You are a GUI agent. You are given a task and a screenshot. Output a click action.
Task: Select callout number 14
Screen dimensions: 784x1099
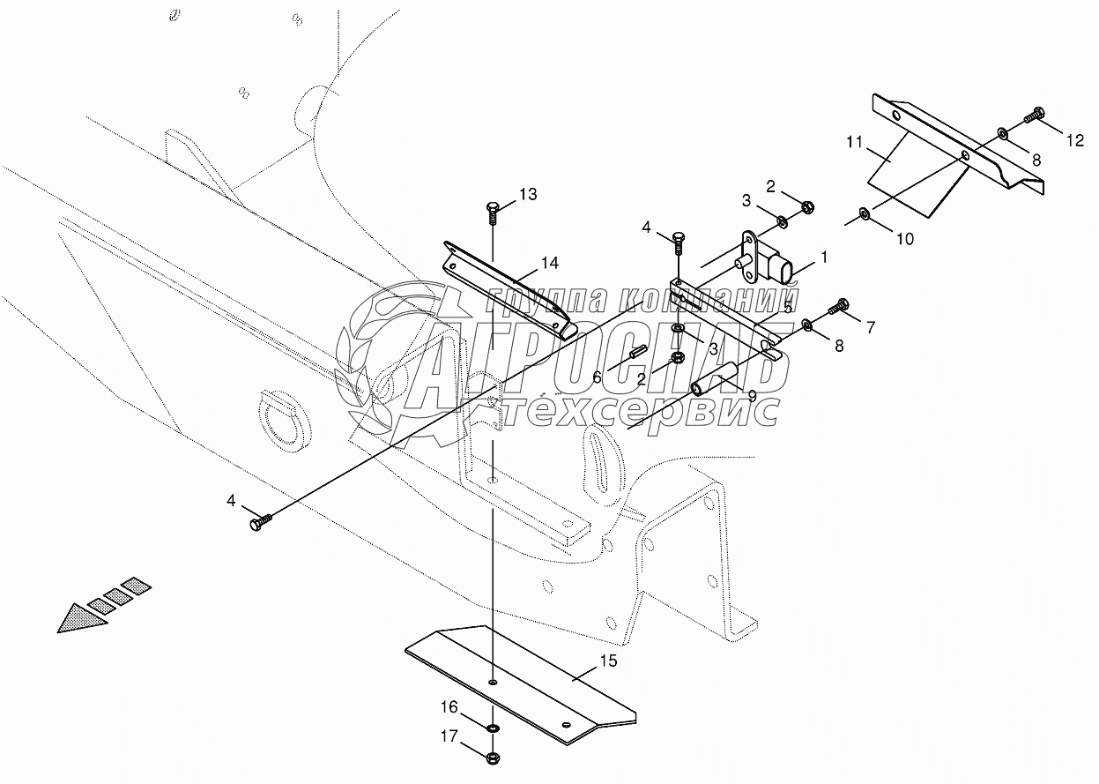(x=550, y=262)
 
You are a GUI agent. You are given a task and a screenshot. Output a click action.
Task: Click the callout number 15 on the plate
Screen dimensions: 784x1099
(x=609, y=660)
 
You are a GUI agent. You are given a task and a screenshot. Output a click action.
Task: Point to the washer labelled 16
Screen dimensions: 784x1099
(x=492, y=728)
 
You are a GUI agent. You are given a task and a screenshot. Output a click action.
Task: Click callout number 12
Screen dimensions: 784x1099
(x=1074, y=138)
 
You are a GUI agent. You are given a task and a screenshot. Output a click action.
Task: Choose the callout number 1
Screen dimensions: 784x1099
(x=824, y=258)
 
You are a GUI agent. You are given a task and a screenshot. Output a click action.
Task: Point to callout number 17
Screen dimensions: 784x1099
(x=449, y=736)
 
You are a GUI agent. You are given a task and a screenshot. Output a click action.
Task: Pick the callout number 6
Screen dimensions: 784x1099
(x=597, y=377)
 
